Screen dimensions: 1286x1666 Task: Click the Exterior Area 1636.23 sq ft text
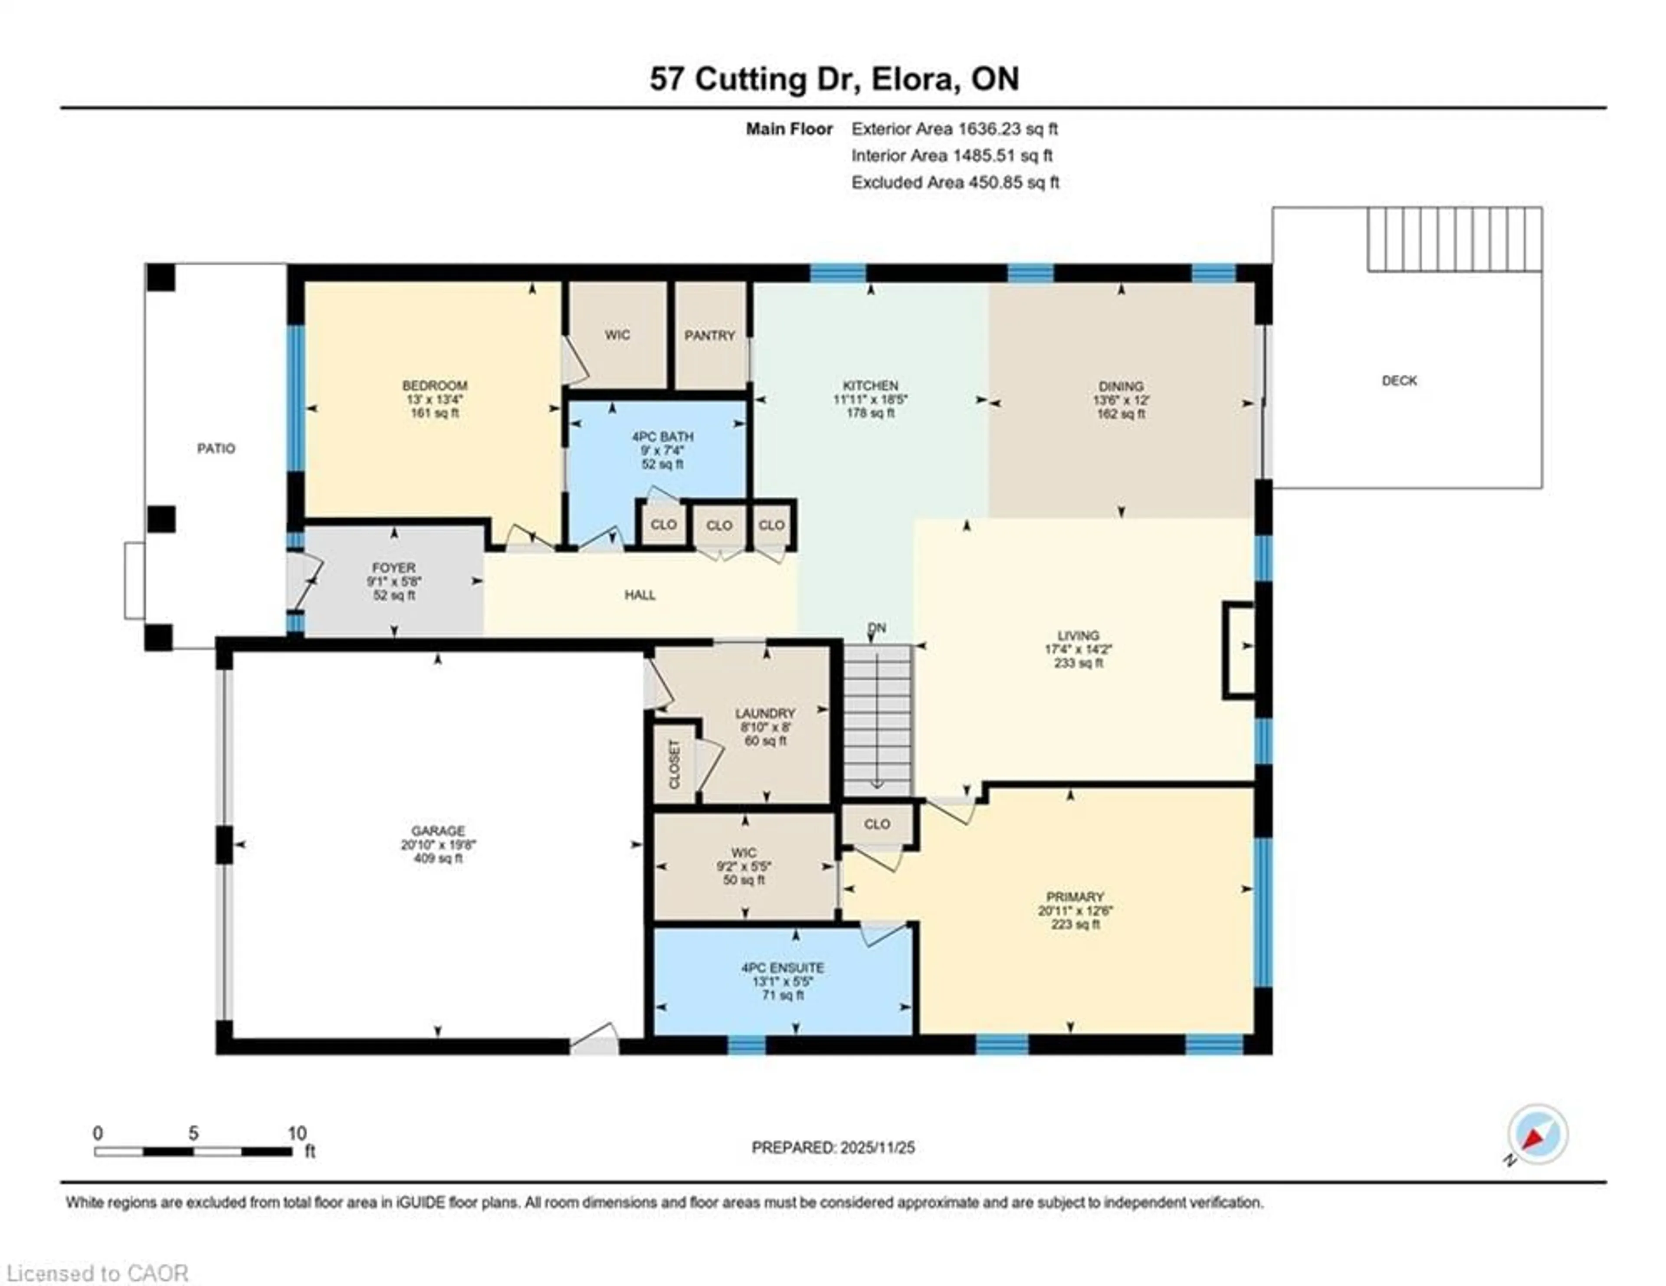[x=954, y=129]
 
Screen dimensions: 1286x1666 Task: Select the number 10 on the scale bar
[x=297, y=1133]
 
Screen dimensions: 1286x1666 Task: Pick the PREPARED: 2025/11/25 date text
[x=833, y=1147]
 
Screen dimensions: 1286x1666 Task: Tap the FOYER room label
[x=394, y=568]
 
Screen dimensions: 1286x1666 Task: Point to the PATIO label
[x=216, y=449]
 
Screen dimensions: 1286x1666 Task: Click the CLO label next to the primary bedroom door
[x=877, y=824]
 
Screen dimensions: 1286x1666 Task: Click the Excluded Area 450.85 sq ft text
[x=955, y=182]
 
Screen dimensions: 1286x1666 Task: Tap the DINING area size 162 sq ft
[x=1121, y=414]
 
